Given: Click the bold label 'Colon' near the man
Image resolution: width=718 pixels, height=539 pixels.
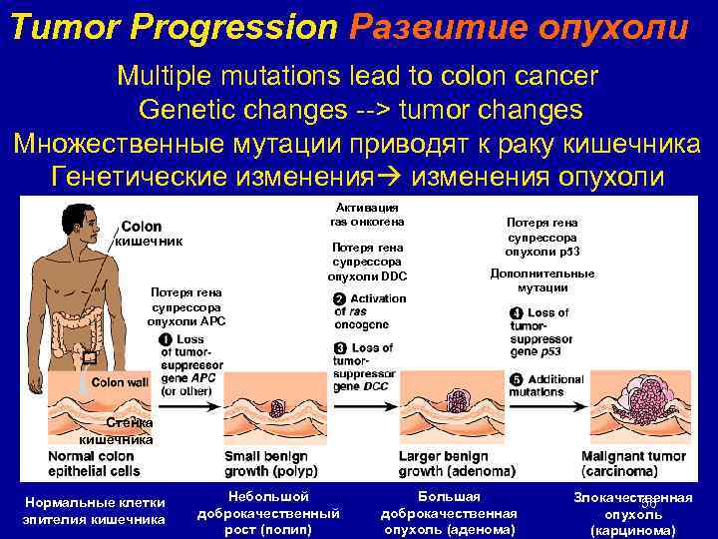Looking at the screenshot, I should tap(141, 227).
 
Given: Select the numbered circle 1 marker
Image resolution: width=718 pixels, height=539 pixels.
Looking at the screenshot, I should tap(165, 340).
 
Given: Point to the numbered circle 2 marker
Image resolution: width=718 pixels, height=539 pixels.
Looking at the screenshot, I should tap(339, 299).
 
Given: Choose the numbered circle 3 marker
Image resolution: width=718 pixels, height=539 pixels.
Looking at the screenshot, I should tap(339, 347).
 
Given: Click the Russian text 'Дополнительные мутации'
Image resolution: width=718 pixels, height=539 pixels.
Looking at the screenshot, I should tap(542, 280).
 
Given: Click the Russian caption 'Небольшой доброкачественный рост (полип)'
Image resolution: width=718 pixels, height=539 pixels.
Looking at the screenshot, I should tap(269, 513).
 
